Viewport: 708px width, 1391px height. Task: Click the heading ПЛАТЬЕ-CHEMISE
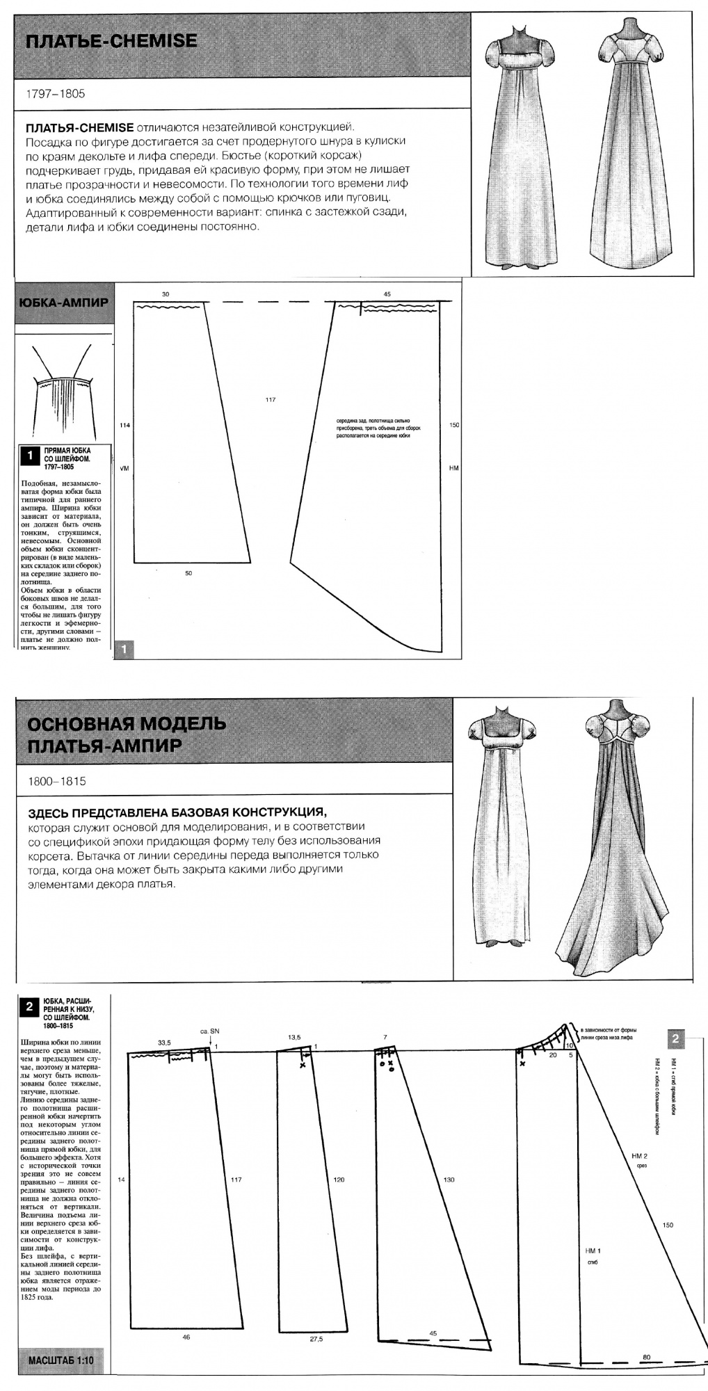[x=111, y=42]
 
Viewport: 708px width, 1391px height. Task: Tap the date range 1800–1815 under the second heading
[x=57, y=781]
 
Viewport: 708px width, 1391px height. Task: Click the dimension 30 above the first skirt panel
[x=166, y=294]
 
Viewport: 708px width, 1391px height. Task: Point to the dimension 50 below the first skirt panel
[x=188, y=573]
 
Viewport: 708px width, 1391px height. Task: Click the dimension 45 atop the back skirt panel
[x=387, y=294]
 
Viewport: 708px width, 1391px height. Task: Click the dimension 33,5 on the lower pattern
[x=165, y=1043]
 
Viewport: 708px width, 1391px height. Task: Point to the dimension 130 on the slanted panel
[x=449, y=1180]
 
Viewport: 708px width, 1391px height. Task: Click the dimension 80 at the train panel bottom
[x=647, y=1356]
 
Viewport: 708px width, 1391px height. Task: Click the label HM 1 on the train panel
[x=593, y=1250]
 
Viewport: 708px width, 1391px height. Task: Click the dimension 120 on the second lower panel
[x=339, y=1180]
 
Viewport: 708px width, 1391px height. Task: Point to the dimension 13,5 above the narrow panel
[x=294, y=1037]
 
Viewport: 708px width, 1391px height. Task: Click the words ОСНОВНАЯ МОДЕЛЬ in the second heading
[x=127, y=724]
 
